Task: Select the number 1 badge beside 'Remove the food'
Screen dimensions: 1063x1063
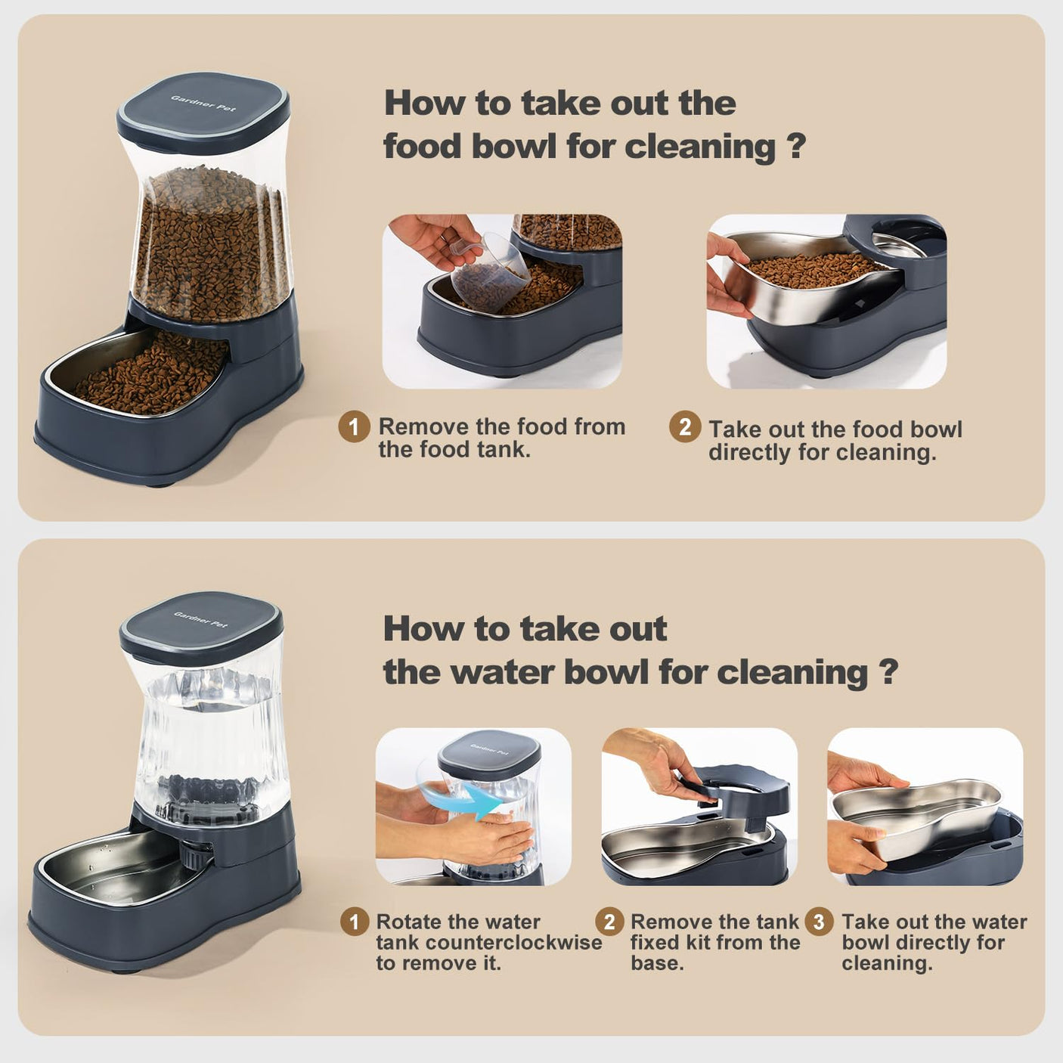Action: [354, 427]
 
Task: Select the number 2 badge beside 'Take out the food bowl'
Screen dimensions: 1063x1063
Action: [684, 427]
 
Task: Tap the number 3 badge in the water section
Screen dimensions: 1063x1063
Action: [818, 922]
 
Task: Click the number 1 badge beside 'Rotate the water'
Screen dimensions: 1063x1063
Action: [354, 922]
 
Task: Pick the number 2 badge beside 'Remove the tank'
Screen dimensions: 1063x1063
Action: [609, 922]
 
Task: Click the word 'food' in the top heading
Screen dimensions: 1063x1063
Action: [423, 145]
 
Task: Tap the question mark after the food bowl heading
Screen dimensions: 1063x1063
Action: [795, 145]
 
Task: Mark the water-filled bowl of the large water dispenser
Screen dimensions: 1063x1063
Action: [113, 869]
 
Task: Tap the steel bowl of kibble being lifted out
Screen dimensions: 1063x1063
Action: [813, 284]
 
